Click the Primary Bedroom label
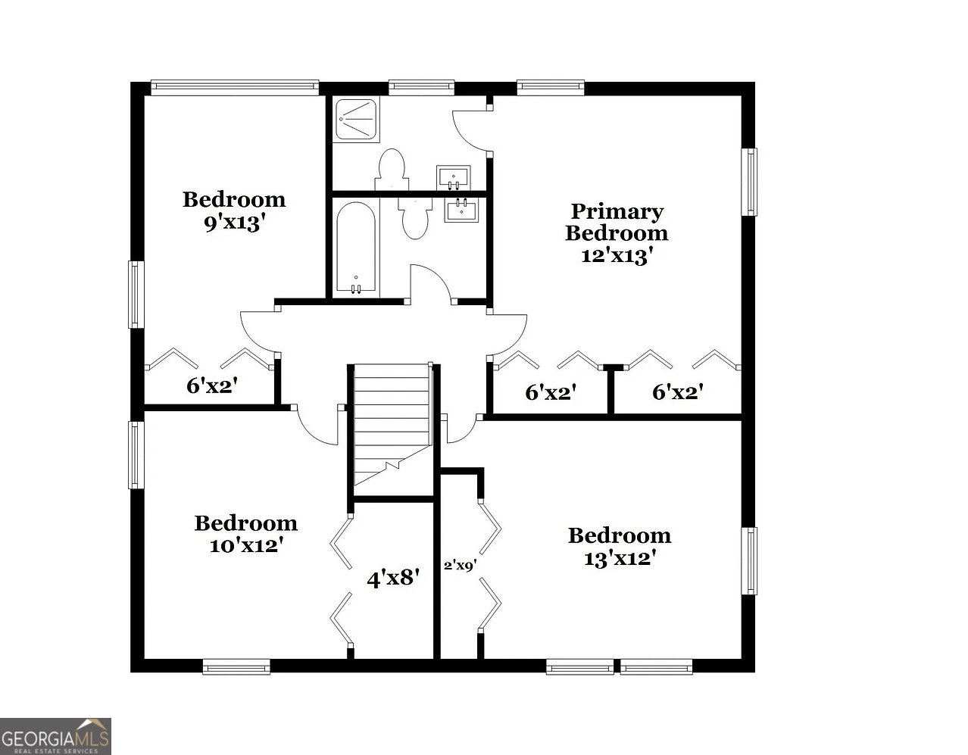click(617, 222)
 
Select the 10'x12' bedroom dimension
click(246, 545)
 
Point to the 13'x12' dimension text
click(619, 559)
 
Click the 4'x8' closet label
click(393, 579)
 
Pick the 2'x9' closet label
click(459, 565)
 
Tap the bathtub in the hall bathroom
click(356, 247)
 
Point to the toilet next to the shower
click(391, 170)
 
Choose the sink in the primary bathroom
click(454, 178)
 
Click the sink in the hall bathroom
click(461, 210)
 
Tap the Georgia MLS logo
click(55, 736)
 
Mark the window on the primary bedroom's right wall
click(750, 182)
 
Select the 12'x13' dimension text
click(617, 256)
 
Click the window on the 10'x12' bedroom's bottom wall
click(236, 666)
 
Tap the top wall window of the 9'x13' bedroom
click(234, 86)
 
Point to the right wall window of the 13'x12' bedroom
click(750, 561)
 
